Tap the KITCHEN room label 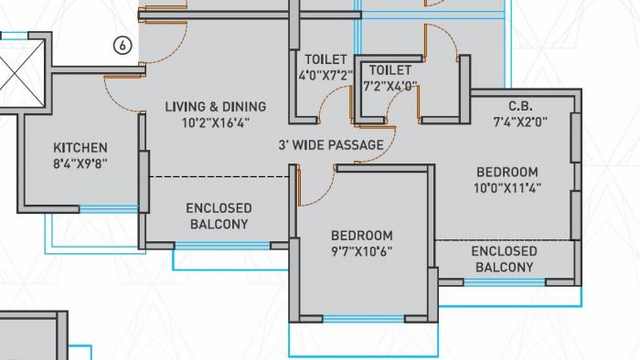tap(80, 147)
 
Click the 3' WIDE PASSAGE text tap(331, 144)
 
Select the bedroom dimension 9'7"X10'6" tap(362, 251)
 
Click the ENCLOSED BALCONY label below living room tap(219, 216)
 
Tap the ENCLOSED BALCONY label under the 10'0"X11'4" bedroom tap(504, 259)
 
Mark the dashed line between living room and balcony tap(219, 175)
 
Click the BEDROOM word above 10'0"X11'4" tap(507, 172)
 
